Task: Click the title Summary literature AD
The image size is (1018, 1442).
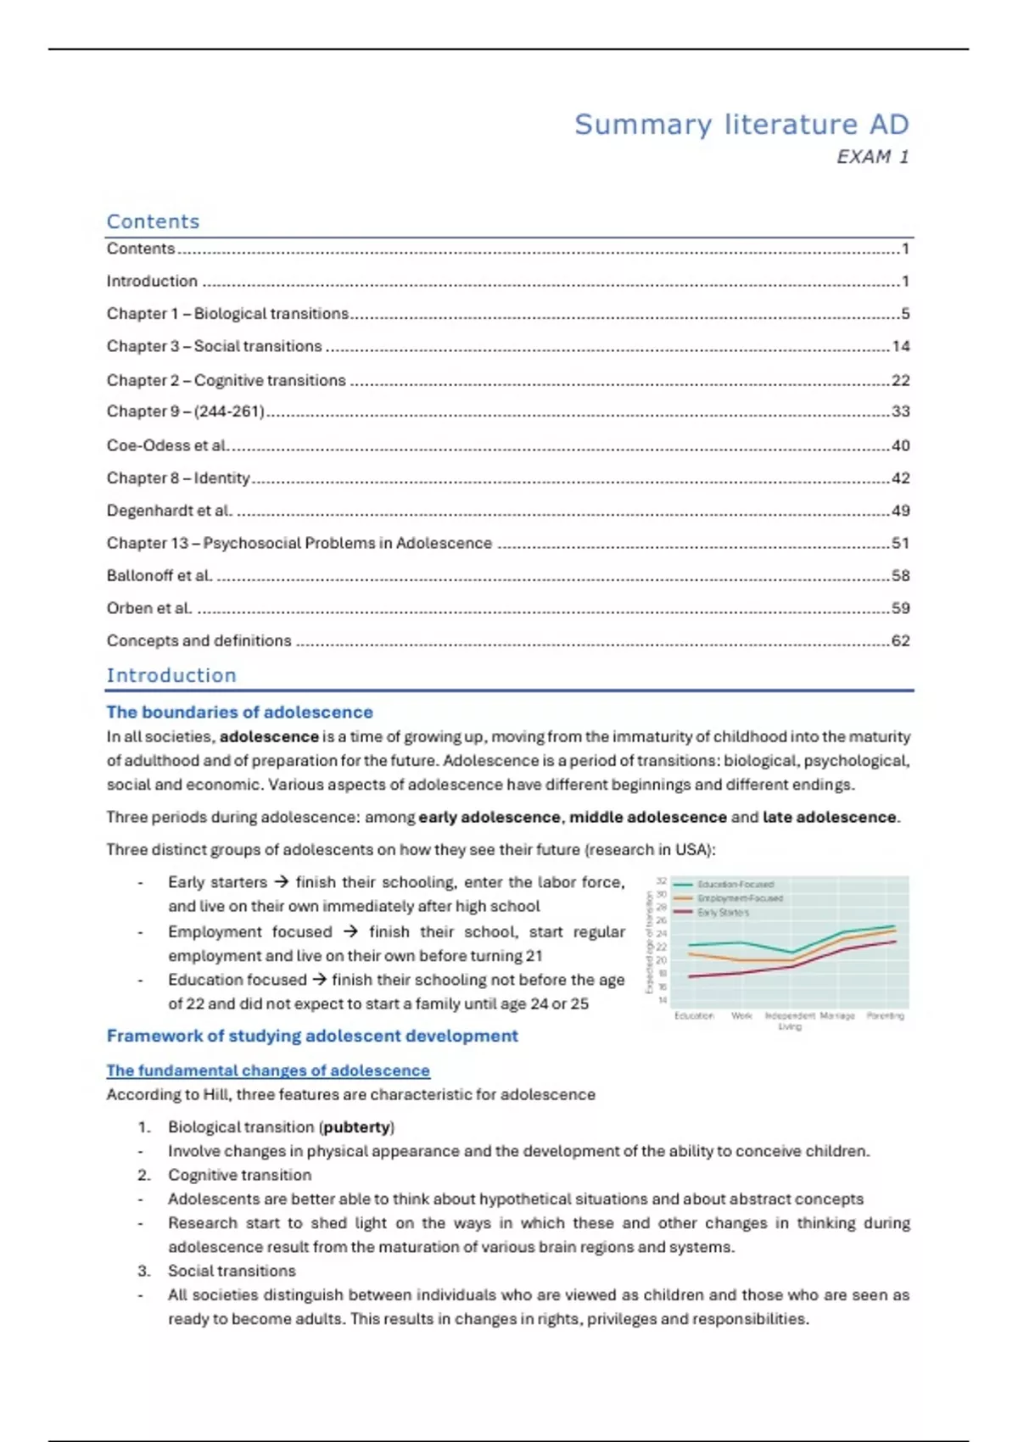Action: [741, 125]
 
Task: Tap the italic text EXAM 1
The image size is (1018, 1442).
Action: [872, 157]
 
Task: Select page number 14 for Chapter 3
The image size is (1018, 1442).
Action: [900, 346]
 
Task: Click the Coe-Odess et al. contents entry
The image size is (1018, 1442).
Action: [167, 445]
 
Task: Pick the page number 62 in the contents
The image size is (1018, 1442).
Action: [900, 640]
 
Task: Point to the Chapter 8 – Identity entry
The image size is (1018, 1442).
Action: [178, 478]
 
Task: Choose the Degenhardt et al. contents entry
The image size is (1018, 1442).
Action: [169, 511]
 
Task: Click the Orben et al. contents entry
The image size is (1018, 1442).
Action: [148, 608]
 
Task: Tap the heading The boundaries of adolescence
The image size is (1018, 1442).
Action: [239, 713]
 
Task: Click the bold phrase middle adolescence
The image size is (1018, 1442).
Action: [647, 817]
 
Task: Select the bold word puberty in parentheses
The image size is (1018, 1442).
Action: [357, 1127]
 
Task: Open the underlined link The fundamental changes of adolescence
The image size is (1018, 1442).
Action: [268, 1070]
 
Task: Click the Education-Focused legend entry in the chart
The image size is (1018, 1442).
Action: [735, 884]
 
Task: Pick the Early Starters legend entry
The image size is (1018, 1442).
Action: [723, 913]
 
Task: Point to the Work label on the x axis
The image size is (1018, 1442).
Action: [741, 1015]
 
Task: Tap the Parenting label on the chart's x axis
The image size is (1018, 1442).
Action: [885, 1015]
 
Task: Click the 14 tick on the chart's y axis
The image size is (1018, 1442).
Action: [662, 1001]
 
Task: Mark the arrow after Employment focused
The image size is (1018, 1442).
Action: [350, 931]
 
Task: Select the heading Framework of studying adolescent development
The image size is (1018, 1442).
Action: [312, 1036]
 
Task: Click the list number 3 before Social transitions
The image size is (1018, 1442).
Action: [144, 1271]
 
